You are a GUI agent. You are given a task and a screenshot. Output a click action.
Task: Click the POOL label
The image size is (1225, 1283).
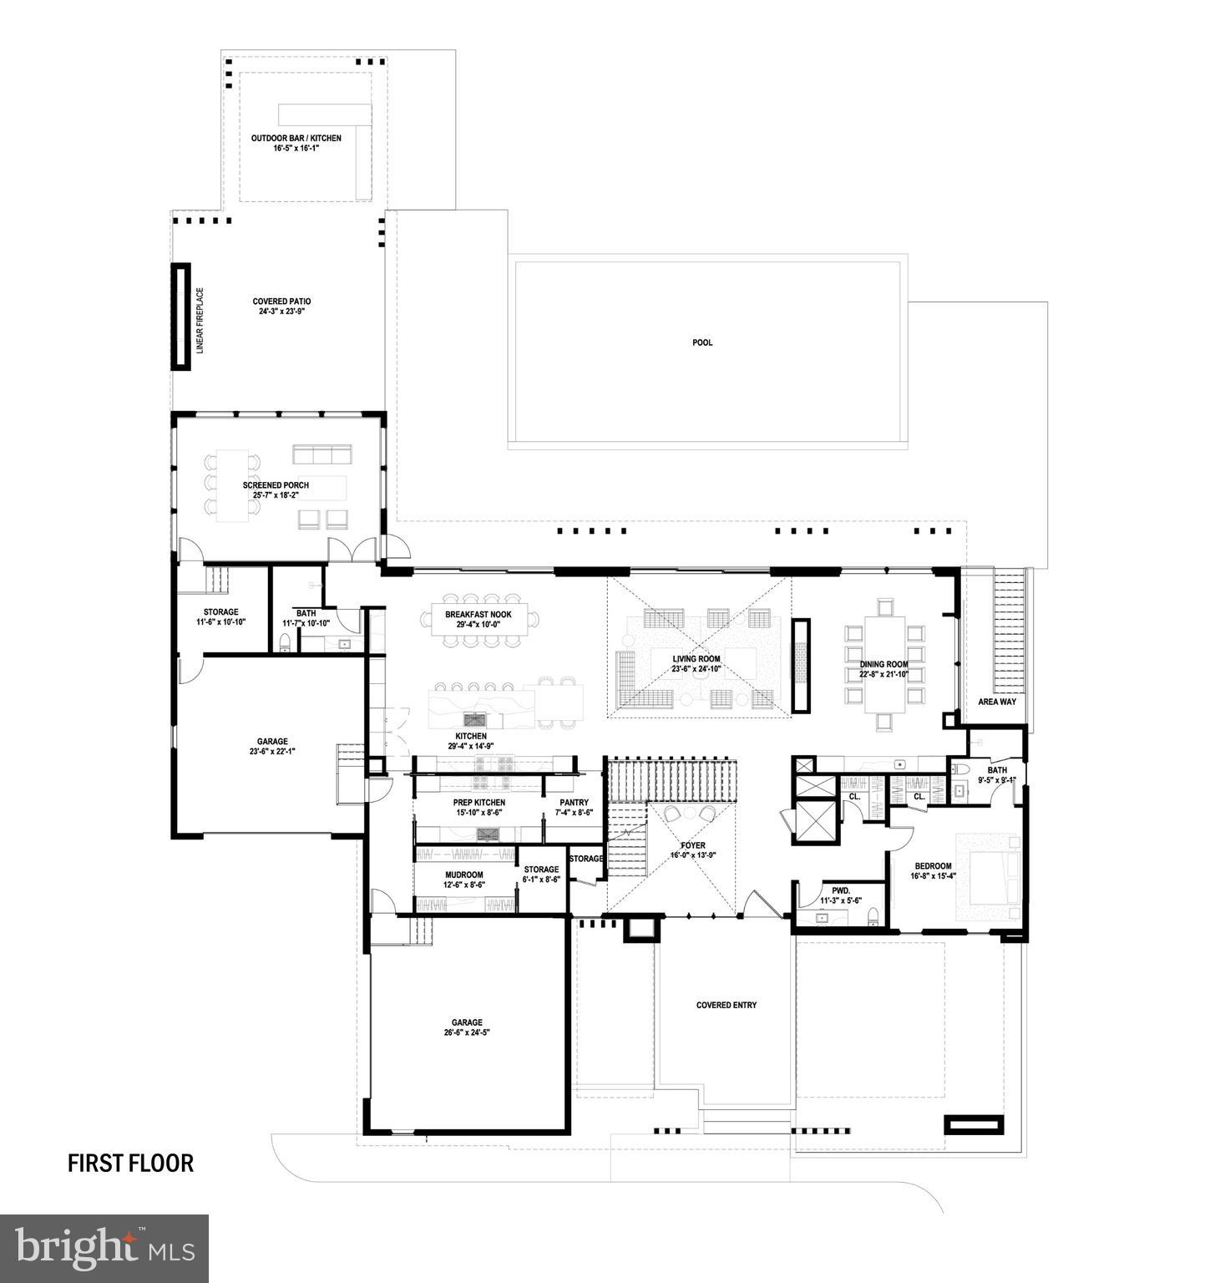(x=702, y=342)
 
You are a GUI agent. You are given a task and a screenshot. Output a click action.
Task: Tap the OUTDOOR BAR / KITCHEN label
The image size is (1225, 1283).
(x=296, y=139)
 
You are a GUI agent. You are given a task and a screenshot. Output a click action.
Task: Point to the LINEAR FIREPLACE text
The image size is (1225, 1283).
(x=200, y=321)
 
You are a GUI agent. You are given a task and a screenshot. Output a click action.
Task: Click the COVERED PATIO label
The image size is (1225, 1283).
(x=281, y=302)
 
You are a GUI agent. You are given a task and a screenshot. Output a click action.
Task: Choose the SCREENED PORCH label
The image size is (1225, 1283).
(x=276, y=485)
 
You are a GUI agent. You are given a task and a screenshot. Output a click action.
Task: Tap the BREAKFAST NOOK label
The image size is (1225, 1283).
(x=478, y=615)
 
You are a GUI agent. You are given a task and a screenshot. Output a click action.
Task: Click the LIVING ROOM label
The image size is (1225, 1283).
(x=696, y=659)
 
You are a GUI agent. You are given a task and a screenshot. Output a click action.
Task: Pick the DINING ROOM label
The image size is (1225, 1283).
(x=883, y=665)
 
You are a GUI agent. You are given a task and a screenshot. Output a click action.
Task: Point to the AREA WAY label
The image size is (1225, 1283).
(x=997, y=702)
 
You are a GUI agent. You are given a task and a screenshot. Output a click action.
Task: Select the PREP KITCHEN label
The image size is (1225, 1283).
(x=479, y=803)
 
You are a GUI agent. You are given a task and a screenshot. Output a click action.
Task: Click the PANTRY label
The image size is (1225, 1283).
(x=574, y=803)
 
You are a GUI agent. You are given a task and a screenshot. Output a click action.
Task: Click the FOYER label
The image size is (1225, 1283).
(x=693, y=846)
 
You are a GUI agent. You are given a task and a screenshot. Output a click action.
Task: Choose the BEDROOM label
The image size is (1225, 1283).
(x=933, y=866)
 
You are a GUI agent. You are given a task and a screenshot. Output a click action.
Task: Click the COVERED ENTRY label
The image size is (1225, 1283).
(x=726, y=1005)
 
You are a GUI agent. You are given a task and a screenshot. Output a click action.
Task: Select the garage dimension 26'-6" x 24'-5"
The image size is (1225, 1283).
(x=467, y=1032)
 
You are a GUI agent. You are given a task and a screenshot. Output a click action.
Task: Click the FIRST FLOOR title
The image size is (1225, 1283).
(x=130, y=1163)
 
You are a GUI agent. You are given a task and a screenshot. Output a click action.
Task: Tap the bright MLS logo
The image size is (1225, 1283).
(x=104, y=1249)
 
